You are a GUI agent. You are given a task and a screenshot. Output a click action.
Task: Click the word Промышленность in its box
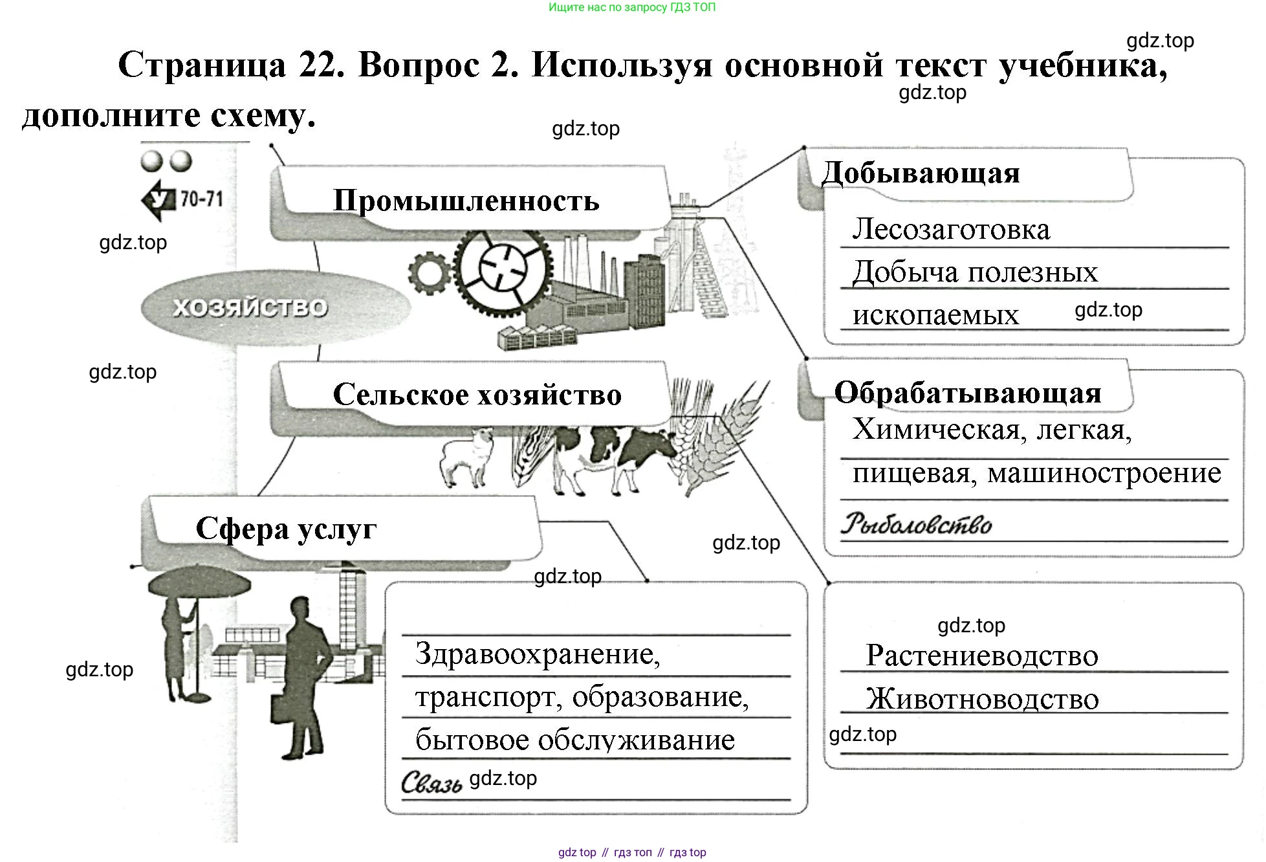(x=466, y=201)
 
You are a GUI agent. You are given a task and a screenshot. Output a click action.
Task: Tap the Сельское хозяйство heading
(x=477, y=394)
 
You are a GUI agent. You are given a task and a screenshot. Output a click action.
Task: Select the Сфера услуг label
(x=286, y=529)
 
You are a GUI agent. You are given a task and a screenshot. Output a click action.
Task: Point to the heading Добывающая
(x=921, y=173)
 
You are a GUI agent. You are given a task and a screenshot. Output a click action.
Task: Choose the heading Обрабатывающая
(x=967, y=392)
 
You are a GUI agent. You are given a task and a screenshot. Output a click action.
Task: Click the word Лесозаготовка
(x=950, y=229)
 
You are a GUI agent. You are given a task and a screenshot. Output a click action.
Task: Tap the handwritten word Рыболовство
(x=916, y=524)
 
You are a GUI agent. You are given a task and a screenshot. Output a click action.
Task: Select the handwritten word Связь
(x=431, y=783)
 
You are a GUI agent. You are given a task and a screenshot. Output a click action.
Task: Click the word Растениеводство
(x=981, y=656)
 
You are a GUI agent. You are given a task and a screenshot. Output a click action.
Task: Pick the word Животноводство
(x=982, y=699)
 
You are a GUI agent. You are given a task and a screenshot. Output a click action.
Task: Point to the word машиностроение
(x=1104, y=473)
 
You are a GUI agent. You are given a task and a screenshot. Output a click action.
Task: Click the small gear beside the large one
(x=428, y=272)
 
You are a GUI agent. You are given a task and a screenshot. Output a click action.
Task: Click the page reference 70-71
(x=201, y=199)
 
